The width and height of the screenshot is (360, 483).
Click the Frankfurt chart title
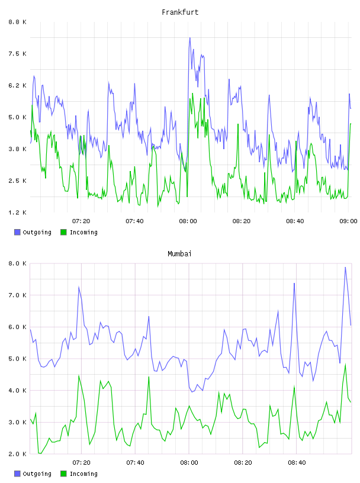[x=180, y=12]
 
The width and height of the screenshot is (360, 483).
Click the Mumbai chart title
[x=179, y=254]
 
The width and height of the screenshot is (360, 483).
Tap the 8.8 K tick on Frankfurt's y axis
[x=17, y=22]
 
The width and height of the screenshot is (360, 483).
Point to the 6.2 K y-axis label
[x=17, y=85]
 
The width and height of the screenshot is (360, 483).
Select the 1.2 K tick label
[x=17, y=212]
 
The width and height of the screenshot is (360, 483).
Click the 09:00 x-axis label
[x=348, y=221]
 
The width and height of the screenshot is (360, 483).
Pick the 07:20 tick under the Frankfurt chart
[x=81, y=221]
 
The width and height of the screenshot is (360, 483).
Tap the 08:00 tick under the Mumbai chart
[x=189, y=462]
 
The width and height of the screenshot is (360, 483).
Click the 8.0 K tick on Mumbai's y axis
[x=17, y=263]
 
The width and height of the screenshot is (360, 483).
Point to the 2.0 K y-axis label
[x=17, y=454]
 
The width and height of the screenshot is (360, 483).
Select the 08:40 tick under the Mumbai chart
[x=297, y=462]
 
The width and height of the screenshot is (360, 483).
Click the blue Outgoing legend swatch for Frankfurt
[x=17, y=232]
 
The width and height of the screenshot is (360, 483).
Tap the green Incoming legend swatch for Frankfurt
[x=63, y=232]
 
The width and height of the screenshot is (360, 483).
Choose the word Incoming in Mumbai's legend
[x=83, y=474]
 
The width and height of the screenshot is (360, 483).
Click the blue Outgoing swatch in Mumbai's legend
[x=17, y=474]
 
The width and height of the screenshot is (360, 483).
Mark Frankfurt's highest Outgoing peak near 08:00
[x=190, y=38]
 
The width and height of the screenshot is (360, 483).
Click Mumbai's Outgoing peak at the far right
[x=345, y=268]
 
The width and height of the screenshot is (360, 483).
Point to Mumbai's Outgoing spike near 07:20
[x=79, y=287]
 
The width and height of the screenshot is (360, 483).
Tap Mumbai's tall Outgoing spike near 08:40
[x=294, y=284]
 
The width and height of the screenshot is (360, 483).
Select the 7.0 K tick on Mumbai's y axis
[x=17, y=295]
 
